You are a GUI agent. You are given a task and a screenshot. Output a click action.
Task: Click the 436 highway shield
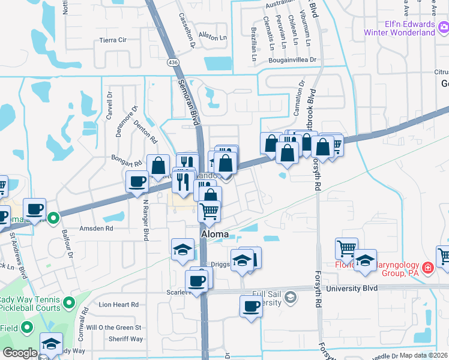coord(173,62)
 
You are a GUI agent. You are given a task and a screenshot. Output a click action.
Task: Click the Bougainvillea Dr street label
coord(293,61)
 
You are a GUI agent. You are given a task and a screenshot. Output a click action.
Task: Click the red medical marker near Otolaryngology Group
coord(428,268)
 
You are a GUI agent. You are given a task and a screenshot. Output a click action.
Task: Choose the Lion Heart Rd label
coord(118,305)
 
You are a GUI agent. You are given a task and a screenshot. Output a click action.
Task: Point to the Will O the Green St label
coord(113,328)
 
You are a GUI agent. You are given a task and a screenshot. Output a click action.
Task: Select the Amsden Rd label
coord(96,229)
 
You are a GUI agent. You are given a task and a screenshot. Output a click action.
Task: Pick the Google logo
coord(20,353)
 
